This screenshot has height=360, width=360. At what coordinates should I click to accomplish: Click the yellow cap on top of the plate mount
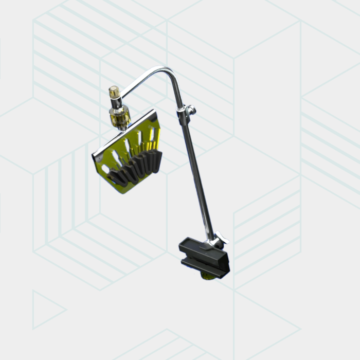(x=114, y=93)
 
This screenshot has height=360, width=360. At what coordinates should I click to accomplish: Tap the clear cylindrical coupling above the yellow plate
(x=118, y=117)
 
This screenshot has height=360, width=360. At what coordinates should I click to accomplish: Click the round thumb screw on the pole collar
(x=191, y=110)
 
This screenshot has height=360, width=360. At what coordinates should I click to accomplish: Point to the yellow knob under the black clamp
(x=208, y=277)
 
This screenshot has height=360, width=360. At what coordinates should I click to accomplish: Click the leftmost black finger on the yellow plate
(x=115, y=177)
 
